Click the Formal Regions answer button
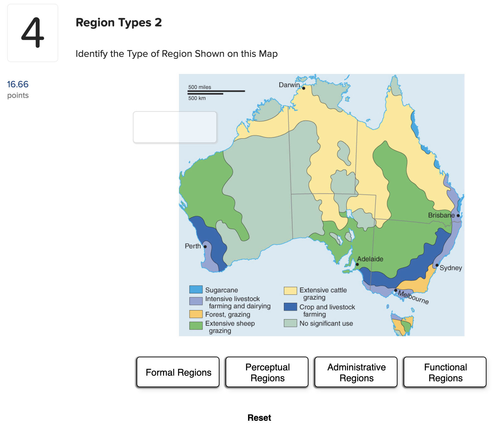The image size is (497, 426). pyautogui.click(x=178, y=372)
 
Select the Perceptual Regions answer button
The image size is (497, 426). pyautogui.click(x=267, y=372)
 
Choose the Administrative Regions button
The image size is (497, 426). pyautogui.click(x=356, y=372)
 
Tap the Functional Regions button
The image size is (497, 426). pyautogui.click(x=445, y=372)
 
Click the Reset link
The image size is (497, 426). pyautogui.click(x=259, y=417)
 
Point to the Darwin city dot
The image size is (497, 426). pyautogui.click(x=304, y=88)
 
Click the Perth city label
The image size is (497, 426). pyautogui.click(x=193, y=246)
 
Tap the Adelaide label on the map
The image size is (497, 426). pyautogui.click(x=370, y=259)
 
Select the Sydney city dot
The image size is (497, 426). pyautogui.click(x=437, y=265)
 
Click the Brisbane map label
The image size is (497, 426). pyautogui.click(x=441, y=215)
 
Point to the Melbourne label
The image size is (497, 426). pyautogui.click(x=413, y=297)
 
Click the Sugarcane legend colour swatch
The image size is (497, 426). pyautogui.click(x=196, y=290)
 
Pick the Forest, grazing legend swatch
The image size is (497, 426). pyautogui.click(x=196, y=314)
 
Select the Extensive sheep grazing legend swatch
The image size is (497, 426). pyautogui.click(x=196, y=325)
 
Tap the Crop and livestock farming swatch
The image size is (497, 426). pyautogui.click(x=290, y=307)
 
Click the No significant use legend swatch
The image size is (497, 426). pyautogui.click(x=290, y=323)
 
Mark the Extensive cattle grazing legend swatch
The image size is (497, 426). pyautogui.click(x=290, y=291)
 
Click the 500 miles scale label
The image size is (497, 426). pyautogui.click(x=199, y=87)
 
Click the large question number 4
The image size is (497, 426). pyautogui.click(x=33, y=33)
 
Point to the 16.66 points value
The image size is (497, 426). pyautogui.click(x=18, y=84)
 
